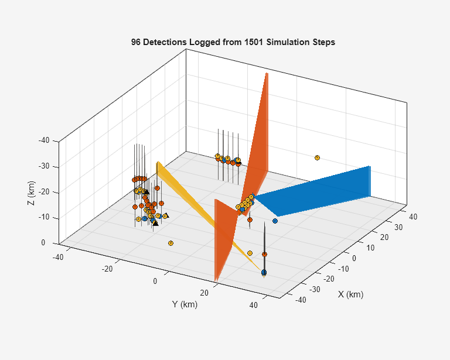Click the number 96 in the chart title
pyautogui.click(x=136, y=42)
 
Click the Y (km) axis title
pyautogui.click(x=185, y=304)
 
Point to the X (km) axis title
pyautogui.click(x=351, y=294)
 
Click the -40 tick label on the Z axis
pyautogui.click(x=44, y=140)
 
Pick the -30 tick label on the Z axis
pyautogui.click(x=44, y=166)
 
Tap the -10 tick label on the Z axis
pyautogui.click(x=44, y=217)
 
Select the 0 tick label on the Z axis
pyautogui.click(x=43, y=243)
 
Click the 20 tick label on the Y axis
pyautogui.click(x=204, y=293)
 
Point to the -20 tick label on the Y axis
pyautogui.click(x=107, y=269)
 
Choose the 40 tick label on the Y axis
pyautogui.click(x=254, y=305)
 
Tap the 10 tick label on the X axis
pyautogui.click(x=370, y=248)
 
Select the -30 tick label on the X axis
pyautogui.click(x=315, y=290)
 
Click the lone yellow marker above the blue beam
pyautogui.click(x=317, y=157)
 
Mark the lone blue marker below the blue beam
pyautogui.click(x=275, y=221)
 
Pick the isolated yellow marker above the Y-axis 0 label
pyautogui.click(x=171, y=244)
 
